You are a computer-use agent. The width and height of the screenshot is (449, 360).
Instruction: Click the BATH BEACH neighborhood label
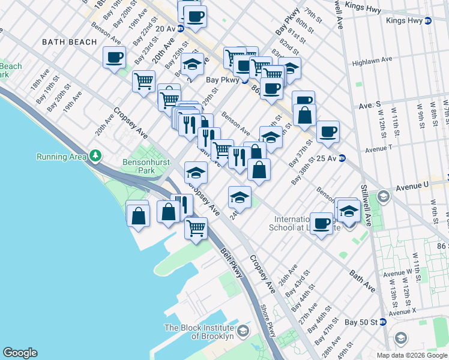[x=70, y=42]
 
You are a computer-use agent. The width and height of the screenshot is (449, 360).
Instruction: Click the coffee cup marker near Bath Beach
[x=114, y=58]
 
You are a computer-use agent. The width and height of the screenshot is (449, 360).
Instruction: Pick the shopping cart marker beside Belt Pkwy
[x=196, y=228]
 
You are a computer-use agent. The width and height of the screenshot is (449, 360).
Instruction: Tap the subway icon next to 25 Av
[x=342, y=158]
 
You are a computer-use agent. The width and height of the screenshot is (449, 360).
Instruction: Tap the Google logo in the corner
[x=20, y=353]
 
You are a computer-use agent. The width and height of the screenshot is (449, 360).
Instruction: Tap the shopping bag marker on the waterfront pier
[x=138, y=215]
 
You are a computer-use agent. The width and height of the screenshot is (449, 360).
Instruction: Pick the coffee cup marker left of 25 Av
[x=328, y=131]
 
